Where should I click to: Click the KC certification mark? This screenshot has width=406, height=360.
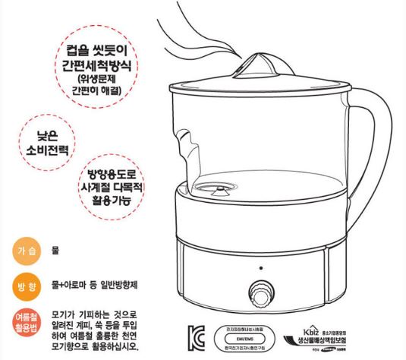click(196, 335)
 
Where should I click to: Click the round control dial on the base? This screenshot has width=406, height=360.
click(261, 295)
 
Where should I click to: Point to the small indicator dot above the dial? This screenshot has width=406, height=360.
click(261, 269)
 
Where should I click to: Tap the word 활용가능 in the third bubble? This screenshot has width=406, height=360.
click(112, 201)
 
